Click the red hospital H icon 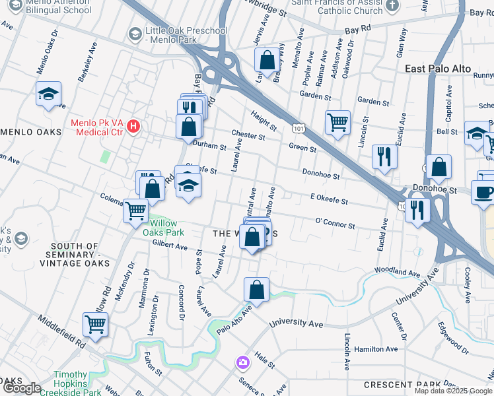tap(134, 125)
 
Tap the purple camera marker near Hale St tap(243, 362)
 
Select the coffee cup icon tap(483, 192)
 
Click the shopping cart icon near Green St tap(337, 121)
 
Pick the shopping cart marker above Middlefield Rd tap(95, 324)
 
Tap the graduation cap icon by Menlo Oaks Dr tap(48, 94)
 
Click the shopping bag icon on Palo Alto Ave tap(256, 288)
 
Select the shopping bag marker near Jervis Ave tap(267, 60)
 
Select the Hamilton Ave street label tap(376, 349)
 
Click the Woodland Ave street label tap(396, 271)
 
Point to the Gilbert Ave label tap(170, 246)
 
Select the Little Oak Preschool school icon tap(135, 33)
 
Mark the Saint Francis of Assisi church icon tap(393, 6)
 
